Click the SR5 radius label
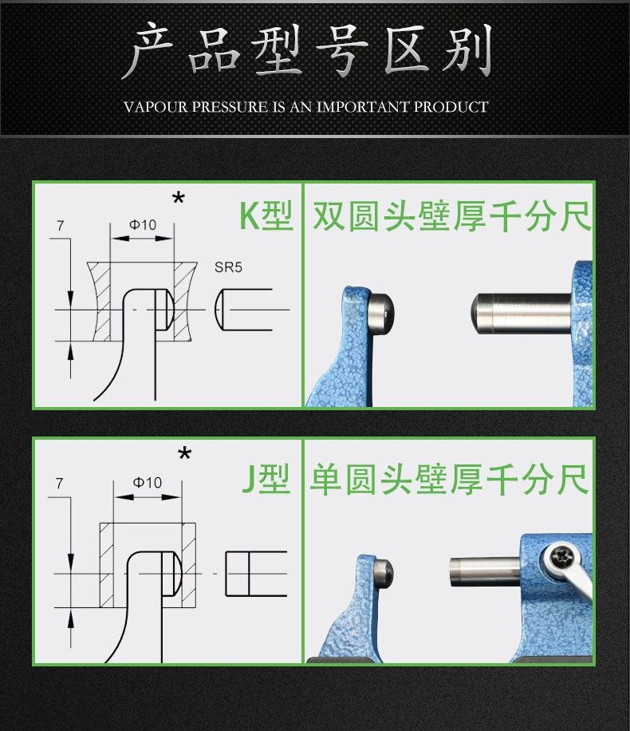[x=228, y=267]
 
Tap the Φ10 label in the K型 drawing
[x=143, y=225]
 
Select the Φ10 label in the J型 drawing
[x=148, y=482]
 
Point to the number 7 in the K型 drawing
[x=60, y=226]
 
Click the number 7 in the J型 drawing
[x=59, y=484]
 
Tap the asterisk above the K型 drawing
[x=179, y=199]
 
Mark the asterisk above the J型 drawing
[x=185, y=453]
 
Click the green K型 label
[x=266, y=215]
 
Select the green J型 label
[x=266, y=478]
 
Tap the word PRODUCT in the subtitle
[x=451, y=107]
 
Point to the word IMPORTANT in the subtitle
[x=364, y=107]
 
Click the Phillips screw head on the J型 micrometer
[x=559, y=557]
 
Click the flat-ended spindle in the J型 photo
[x=486, y=571]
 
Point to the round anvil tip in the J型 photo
[x=384, y=573]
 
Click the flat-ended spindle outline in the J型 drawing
[x=256, y=574]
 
